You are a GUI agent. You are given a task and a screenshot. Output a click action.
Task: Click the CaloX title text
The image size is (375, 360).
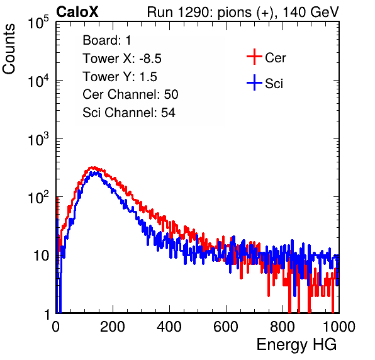[x=77, y=12]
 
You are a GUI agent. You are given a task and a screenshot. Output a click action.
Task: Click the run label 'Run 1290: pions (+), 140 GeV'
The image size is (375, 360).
[x=243, y=12]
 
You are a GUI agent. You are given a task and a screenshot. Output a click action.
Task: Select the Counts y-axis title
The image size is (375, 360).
[x=9, y=49]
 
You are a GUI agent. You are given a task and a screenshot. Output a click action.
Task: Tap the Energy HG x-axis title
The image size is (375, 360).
[x=296, y=345]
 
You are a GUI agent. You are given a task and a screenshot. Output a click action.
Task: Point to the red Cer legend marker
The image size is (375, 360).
[x=254, y=57]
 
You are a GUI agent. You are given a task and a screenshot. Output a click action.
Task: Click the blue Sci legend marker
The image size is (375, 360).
[x=254, y=82]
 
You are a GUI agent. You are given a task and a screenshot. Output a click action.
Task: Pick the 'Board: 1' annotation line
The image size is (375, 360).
[x=107, y=40]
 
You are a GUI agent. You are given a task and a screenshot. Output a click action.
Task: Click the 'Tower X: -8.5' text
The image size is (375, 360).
[x=122, y=59]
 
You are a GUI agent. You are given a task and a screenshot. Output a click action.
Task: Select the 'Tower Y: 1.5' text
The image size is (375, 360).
[x=120, y=77]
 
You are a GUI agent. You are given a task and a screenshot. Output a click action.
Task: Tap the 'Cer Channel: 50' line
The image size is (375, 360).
[x=130, y=94]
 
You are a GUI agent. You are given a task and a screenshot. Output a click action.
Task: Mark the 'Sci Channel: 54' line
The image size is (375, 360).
[x=129, y=113]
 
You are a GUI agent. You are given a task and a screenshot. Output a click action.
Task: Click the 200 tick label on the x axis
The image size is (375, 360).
[x=113, y=327]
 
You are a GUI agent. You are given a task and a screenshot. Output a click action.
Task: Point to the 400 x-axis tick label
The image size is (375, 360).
[x=169, y=327]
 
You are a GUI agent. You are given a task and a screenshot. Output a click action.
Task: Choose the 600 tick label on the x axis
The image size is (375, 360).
[x=226, y=327]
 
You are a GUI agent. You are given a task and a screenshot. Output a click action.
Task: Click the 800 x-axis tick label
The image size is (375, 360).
[x=283, y=327]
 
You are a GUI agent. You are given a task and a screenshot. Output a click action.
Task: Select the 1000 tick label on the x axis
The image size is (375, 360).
[x=339, y=327]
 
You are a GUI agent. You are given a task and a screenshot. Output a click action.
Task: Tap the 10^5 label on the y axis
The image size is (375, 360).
[x=38, y=23]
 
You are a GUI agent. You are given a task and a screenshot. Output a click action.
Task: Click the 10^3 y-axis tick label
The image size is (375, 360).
[x=38, y=139]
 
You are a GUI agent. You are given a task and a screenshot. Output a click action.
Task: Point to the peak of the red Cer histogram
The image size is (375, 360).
[x=93, y=167]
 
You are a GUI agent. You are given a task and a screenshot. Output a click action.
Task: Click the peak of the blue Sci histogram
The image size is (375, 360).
[x=96, y=172]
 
